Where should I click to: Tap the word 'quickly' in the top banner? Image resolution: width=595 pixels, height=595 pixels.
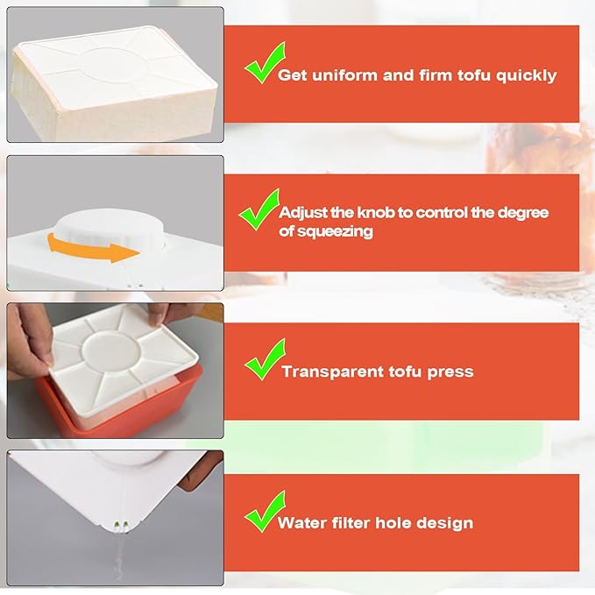(x=527, y=76)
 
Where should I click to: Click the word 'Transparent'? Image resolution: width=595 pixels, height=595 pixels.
(x=333, y=372)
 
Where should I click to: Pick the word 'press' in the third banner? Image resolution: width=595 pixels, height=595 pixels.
(x=450, y=372)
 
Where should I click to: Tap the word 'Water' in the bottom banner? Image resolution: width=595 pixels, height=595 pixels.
(x=301, y=523)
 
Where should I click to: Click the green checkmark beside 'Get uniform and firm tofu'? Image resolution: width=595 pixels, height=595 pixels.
(x=266, y=62)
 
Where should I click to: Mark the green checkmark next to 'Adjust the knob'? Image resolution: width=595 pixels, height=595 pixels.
(x=259, y=209)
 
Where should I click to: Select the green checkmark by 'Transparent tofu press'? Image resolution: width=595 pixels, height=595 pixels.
(x=266, y=359)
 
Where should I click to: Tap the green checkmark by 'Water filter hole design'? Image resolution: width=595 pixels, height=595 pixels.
(x=266, y=511)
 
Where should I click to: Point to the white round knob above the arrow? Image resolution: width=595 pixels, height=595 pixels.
(x=110, y=229)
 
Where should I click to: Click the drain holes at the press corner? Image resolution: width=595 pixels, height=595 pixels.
(x=122, y=525)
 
